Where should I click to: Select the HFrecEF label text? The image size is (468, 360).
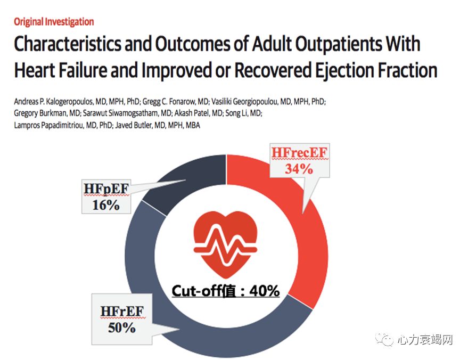tap(299, 154)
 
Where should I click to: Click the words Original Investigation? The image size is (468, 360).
tap(54, 22)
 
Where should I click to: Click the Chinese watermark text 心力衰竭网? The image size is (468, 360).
tap(425, 340)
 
